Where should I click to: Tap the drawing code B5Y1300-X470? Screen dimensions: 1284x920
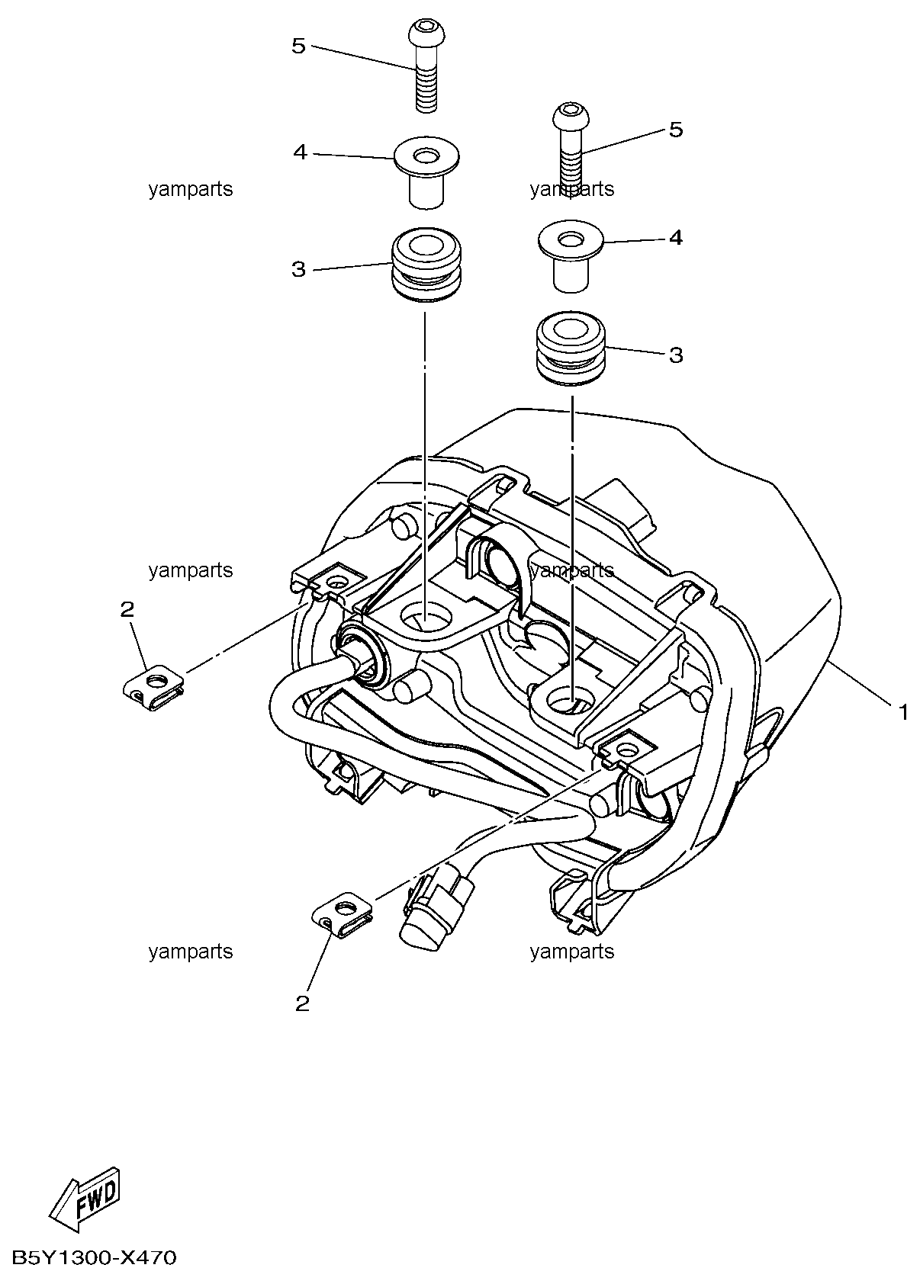[94, 1258]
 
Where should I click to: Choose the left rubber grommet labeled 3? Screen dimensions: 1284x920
[426, 268]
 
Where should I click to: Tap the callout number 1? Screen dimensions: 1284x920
[903, 713]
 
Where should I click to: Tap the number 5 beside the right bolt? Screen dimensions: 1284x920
[676, 130]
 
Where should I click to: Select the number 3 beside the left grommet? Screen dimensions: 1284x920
[298, 269]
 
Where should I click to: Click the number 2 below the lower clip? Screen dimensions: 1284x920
[303, 1003]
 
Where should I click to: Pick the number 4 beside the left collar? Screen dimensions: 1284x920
[300, 153]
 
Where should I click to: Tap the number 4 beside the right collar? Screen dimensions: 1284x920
[676, 238]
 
